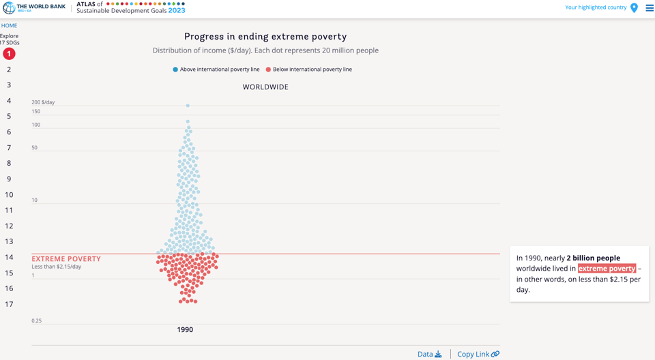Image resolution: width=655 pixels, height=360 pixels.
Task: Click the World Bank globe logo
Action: (9, 7)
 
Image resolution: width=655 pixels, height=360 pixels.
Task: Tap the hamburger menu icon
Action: (649, 8)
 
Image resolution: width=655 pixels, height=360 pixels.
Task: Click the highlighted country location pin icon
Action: (634, 8)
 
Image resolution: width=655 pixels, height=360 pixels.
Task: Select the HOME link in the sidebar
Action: (9, 25)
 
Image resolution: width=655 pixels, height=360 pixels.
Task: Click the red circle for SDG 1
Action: (9, 53)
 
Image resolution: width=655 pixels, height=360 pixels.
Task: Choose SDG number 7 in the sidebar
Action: (9, 147)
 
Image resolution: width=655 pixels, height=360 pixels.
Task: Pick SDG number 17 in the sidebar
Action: (9, 304)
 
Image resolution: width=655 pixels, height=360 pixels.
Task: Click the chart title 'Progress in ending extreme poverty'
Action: (265, 37)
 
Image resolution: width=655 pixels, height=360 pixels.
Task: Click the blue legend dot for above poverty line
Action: (175, 70)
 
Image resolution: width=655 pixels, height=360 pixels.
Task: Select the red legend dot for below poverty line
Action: (268, 70)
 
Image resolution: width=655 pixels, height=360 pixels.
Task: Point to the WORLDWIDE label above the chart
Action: (265, 87)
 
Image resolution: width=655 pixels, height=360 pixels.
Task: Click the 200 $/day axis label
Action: (43, 102)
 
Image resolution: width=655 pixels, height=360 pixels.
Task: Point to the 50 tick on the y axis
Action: (35, 147)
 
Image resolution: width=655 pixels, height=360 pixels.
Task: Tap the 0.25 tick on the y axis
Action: (37, 320)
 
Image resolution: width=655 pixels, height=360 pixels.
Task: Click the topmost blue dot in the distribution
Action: (188, 106)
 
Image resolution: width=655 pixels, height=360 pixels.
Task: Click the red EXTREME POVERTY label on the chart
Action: (66, 259)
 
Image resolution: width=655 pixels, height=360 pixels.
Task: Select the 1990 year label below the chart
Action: (185, 329)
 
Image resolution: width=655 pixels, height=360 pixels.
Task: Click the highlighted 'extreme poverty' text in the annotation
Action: (607, 269)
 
